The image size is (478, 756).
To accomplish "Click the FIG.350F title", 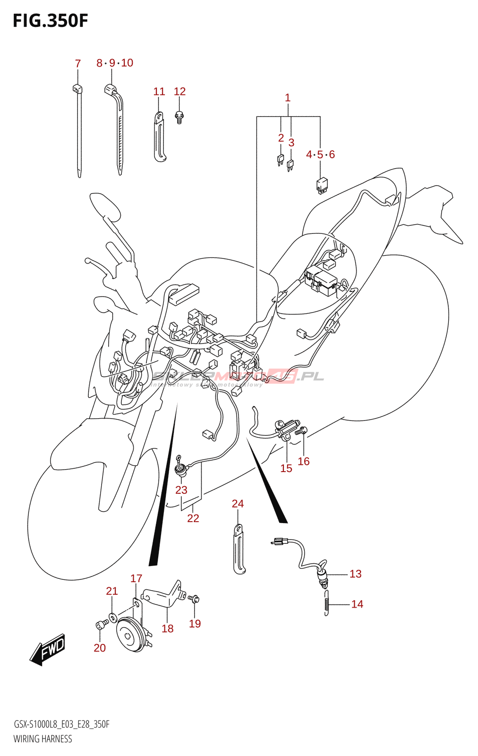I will click(50, 21).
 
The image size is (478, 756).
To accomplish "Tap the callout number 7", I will click(78, 63).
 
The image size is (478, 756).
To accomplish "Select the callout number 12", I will click(179, 91).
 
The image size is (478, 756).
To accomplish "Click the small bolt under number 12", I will click(179, 117).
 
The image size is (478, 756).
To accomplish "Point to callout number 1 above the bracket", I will click(288, 98).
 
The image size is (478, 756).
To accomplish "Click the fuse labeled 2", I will click(281, 160).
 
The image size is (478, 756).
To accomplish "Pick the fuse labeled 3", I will click(290, 164).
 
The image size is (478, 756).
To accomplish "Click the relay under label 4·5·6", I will click(322, 185).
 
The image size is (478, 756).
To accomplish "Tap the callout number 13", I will click(355, 574).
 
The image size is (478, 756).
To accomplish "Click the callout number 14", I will click(357, 604).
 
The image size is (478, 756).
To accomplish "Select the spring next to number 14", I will click(326, 603).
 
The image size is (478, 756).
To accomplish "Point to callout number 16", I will click(303, 461).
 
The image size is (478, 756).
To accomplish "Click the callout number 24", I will click(238, 504).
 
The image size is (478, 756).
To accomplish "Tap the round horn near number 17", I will click(130, 635).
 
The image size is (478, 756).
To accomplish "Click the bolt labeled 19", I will click(194, 599).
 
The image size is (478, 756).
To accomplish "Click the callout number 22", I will click(193, 518).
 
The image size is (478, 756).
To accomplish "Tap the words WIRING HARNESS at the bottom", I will click(43, 739).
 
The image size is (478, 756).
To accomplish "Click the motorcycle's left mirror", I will click(105, 206).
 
